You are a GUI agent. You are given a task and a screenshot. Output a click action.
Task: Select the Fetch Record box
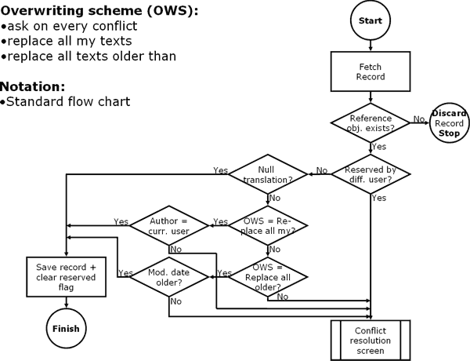[371, 73]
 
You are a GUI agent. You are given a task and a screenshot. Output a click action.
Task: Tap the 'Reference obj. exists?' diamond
[371, 123]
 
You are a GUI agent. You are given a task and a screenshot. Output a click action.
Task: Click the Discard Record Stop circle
[449, 123]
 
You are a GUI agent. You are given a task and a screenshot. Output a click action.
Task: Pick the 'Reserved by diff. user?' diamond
[371, 174]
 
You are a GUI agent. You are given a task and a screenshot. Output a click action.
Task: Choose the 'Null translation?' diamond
[267, 174]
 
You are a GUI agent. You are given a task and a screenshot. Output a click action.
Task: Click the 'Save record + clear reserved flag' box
[67, 276]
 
